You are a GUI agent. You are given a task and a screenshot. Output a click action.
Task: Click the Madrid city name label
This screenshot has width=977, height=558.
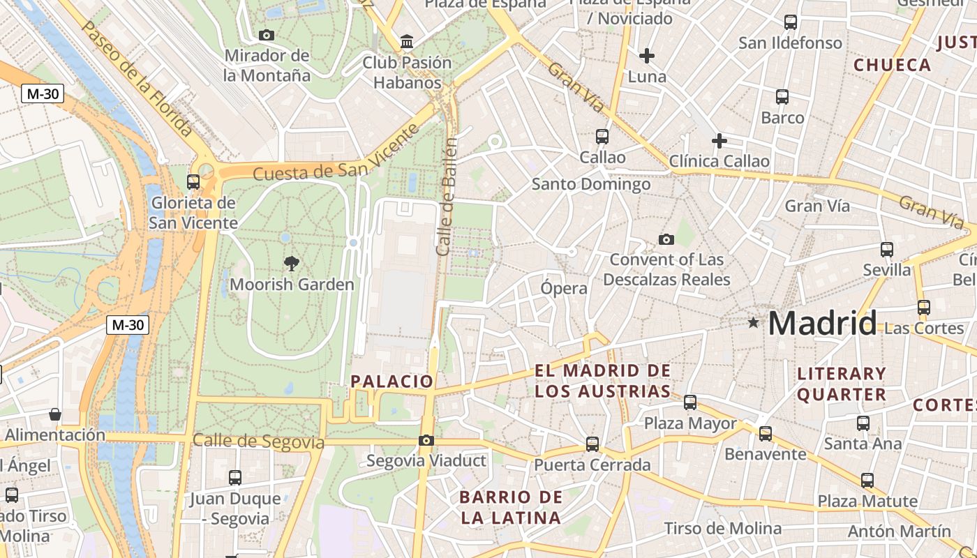822,323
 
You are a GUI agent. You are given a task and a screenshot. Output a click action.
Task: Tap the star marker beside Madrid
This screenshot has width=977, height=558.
753,322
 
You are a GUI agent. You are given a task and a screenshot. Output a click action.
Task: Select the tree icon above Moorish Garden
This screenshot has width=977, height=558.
292,263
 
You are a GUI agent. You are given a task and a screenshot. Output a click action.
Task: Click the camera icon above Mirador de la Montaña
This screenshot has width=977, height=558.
266,35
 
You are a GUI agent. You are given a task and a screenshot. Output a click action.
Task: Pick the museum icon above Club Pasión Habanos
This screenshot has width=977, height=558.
407,42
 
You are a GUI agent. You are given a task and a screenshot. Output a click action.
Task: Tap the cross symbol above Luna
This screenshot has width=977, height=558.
647,55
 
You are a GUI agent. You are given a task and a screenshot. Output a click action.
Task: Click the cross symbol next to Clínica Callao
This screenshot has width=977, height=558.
719,141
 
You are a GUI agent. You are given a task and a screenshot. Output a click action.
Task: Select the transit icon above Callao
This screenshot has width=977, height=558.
602,137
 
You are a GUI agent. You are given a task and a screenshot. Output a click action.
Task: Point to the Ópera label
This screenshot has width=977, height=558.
564,288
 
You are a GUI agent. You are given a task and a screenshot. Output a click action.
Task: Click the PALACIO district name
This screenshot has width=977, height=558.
392,381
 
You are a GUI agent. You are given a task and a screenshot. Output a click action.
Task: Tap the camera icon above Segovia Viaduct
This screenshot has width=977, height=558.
426,440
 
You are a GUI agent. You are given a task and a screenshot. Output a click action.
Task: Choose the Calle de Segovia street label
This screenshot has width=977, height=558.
258,442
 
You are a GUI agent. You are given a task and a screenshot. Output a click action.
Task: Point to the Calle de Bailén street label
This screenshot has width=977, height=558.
447,197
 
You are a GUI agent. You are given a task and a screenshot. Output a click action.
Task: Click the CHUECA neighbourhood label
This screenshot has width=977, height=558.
893,65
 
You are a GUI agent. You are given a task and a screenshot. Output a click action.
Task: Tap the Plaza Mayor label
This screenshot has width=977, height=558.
690,423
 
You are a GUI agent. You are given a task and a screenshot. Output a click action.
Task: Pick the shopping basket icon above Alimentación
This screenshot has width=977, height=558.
55,414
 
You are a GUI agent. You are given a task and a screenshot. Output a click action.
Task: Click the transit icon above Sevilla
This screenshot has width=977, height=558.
887,249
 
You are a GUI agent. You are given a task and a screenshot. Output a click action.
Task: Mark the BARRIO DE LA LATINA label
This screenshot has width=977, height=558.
511,507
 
